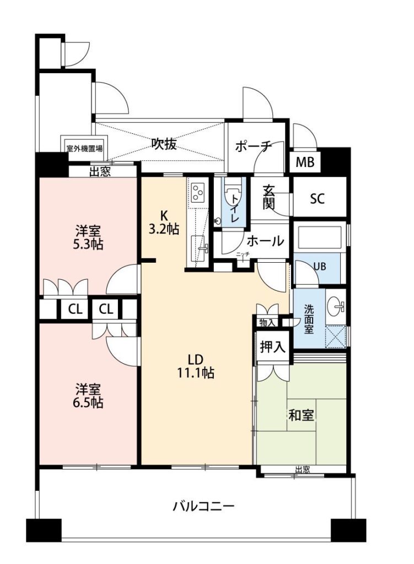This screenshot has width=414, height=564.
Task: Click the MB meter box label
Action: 305,162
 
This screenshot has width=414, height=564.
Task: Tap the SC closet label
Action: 317,198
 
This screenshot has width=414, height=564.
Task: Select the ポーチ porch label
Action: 254,146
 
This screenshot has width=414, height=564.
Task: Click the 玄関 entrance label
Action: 269,197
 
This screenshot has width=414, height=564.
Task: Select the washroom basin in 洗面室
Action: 336,306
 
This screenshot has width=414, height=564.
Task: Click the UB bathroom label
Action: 320,267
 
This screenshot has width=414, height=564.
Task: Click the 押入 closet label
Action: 272,347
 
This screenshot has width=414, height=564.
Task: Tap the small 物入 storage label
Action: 267,323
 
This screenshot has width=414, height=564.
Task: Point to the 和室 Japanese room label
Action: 302,415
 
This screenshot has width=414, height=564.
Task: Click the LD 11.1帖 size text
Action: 195,366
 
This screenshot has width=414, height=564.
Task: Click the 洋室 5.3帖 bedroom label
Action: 88,237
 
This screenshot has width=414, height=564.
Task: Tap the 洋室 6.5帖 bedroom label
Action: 88,395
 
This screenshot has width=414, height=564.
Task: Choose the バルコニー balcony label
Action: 204,507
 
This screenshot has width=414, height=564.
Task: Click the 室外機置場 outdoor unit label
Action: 84,148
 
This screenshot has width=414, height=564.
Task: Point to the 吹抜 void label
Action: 164,144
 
